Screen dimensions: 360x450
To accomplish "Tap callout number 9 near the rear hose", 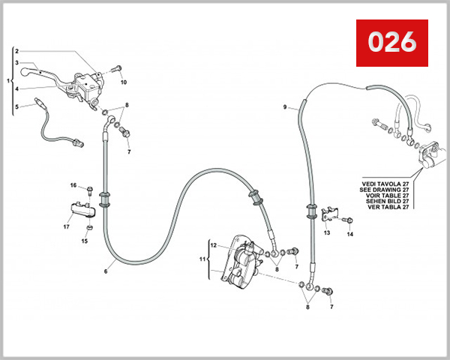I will (285, 107).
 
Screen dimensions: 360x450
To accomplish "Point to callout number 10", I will (124, 82).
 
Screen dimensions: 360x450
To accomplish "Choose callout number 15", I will (84, 241).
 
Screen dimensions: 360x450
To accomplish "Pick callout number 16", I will (73, 185).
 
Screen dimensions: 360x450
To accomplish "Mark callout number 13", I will (326, 233).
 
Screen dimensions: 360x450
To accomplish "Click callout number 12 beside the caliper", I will (213, 245).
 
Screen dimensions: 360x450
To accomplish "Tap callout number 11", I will (200, 259).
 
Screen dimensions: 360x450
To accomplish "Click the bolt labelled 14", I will (348, 220).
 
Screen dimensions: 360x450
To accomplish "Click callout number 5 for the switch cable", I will (16, 106).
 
